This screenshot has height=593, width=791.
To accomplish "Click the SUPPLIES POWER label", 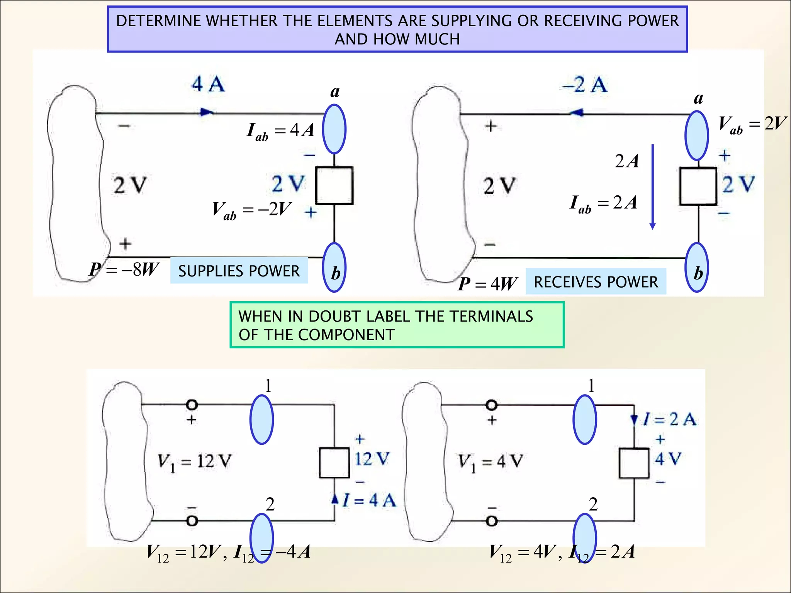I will (x=239, y=271).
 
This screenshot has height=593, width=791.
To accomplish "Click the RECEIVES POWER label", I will (x=596, y=282).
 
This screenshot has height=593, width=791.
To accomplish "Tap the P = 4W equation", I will (x=487, y=284).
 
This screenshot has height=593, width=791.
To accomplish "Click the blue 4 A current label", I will (x=208, y=84).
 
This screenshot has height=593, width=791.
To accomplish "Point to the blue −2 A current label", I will (x=585, y=85).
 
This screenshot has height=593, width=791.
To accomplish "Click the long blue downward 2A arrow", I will (x=653, y=187).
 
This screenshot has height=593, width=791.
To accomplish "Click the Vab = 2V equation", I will (x=752, y=125).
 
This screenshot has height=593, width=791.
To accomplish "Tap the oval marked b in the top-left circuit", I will (x=334, y=268).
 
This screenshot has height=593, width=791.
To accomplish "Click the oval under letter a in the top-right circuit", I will (x=697, y=136).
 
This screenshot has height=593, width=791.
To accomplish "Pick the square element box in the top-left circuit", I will (x=334, y=185).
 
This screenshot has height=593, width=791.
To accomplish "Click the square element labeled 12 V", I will (x=334, y=463).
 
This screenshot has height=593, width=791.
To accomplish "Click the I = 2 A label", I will (x=669, y=419).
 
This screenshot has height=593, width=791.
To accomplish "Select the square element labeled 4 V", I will (x=634, y=463).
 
